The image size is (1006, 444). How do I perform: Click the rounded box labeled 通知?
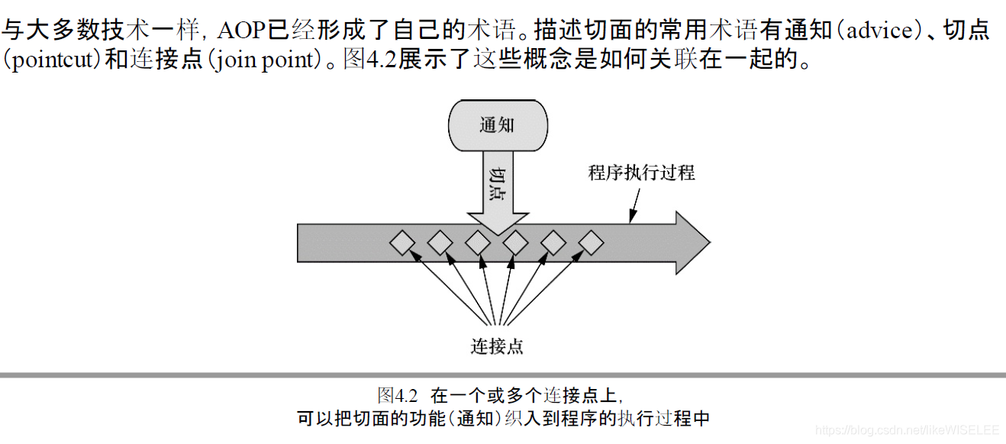coord(497,125)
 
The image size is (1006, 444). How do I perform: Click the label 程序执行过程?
coord(641,172)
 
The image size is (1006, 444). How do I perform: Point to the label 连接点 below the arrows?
coord(497,345)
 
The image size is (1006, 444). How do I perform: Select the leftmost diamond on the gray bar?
coord(402,244)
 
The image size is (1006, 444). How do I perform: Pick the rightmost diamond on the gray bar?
coord(590,244)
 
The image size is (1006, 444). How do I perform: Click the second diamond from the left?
coord(440,244)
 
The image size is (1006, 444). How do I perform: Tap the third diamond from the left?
coord(478,244)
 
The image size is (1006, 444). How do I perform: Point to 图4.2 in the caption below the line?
coord(398,395)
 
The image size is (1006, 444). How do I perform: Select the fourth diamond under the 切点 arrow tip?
coord(515,244)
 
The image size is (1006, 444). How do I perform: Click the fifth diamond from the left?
coord(553,244)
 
